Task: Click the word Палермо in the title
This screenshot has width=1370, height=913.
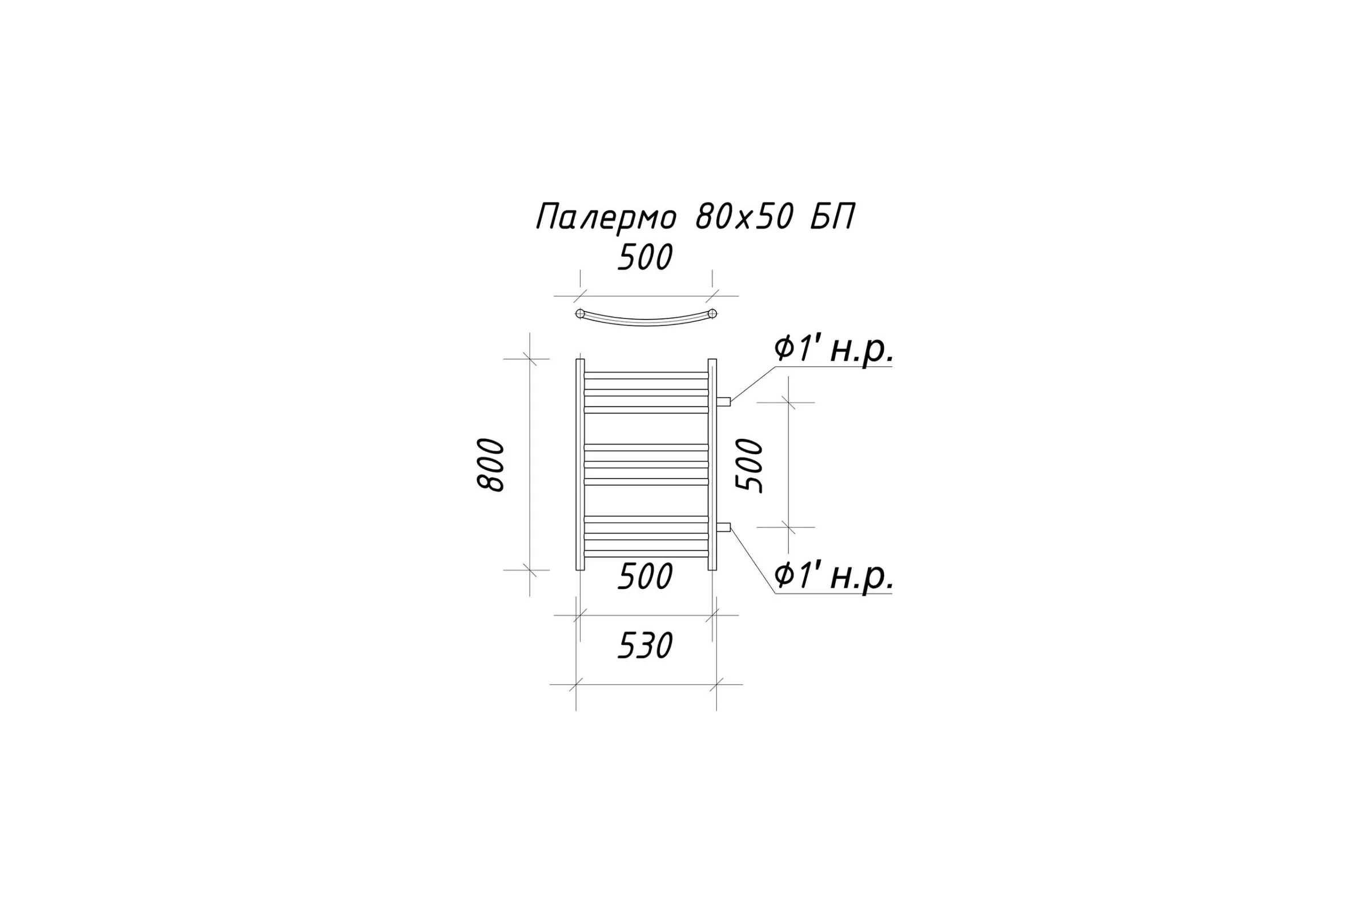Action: (x=606, y=217)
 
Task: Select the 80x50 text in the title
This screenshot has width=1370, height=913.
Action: (x=744, y=217)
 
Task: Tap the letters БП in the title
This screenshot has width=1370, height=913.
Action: (x=833, y=217)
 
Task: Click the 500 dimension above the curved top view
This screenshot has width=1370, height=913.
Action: (x=645, y=257)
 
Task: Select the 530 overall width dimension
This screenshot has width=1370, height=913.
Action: (x=645, y=646)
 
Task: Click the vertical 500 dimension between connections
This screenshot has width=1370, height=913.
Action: (x=750, y=465)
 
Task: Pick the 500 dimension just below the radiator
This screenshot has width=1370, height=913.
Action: (x=645, y=577)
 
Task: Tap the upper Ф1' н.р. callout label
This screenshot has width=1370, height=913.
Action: (x=833, y=350)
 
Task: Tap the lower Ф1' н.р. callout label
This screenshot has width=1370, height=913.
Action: (x=833, y=576)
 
